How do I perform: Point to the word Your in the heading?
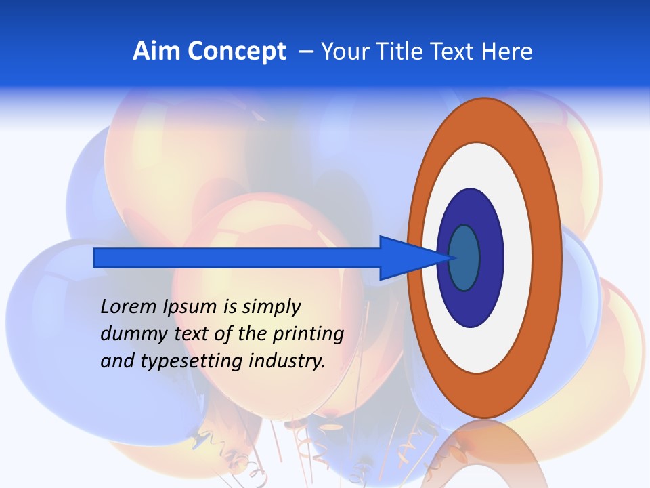click(345, 52)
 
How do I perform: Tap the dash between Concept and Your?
click(306, 52)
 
